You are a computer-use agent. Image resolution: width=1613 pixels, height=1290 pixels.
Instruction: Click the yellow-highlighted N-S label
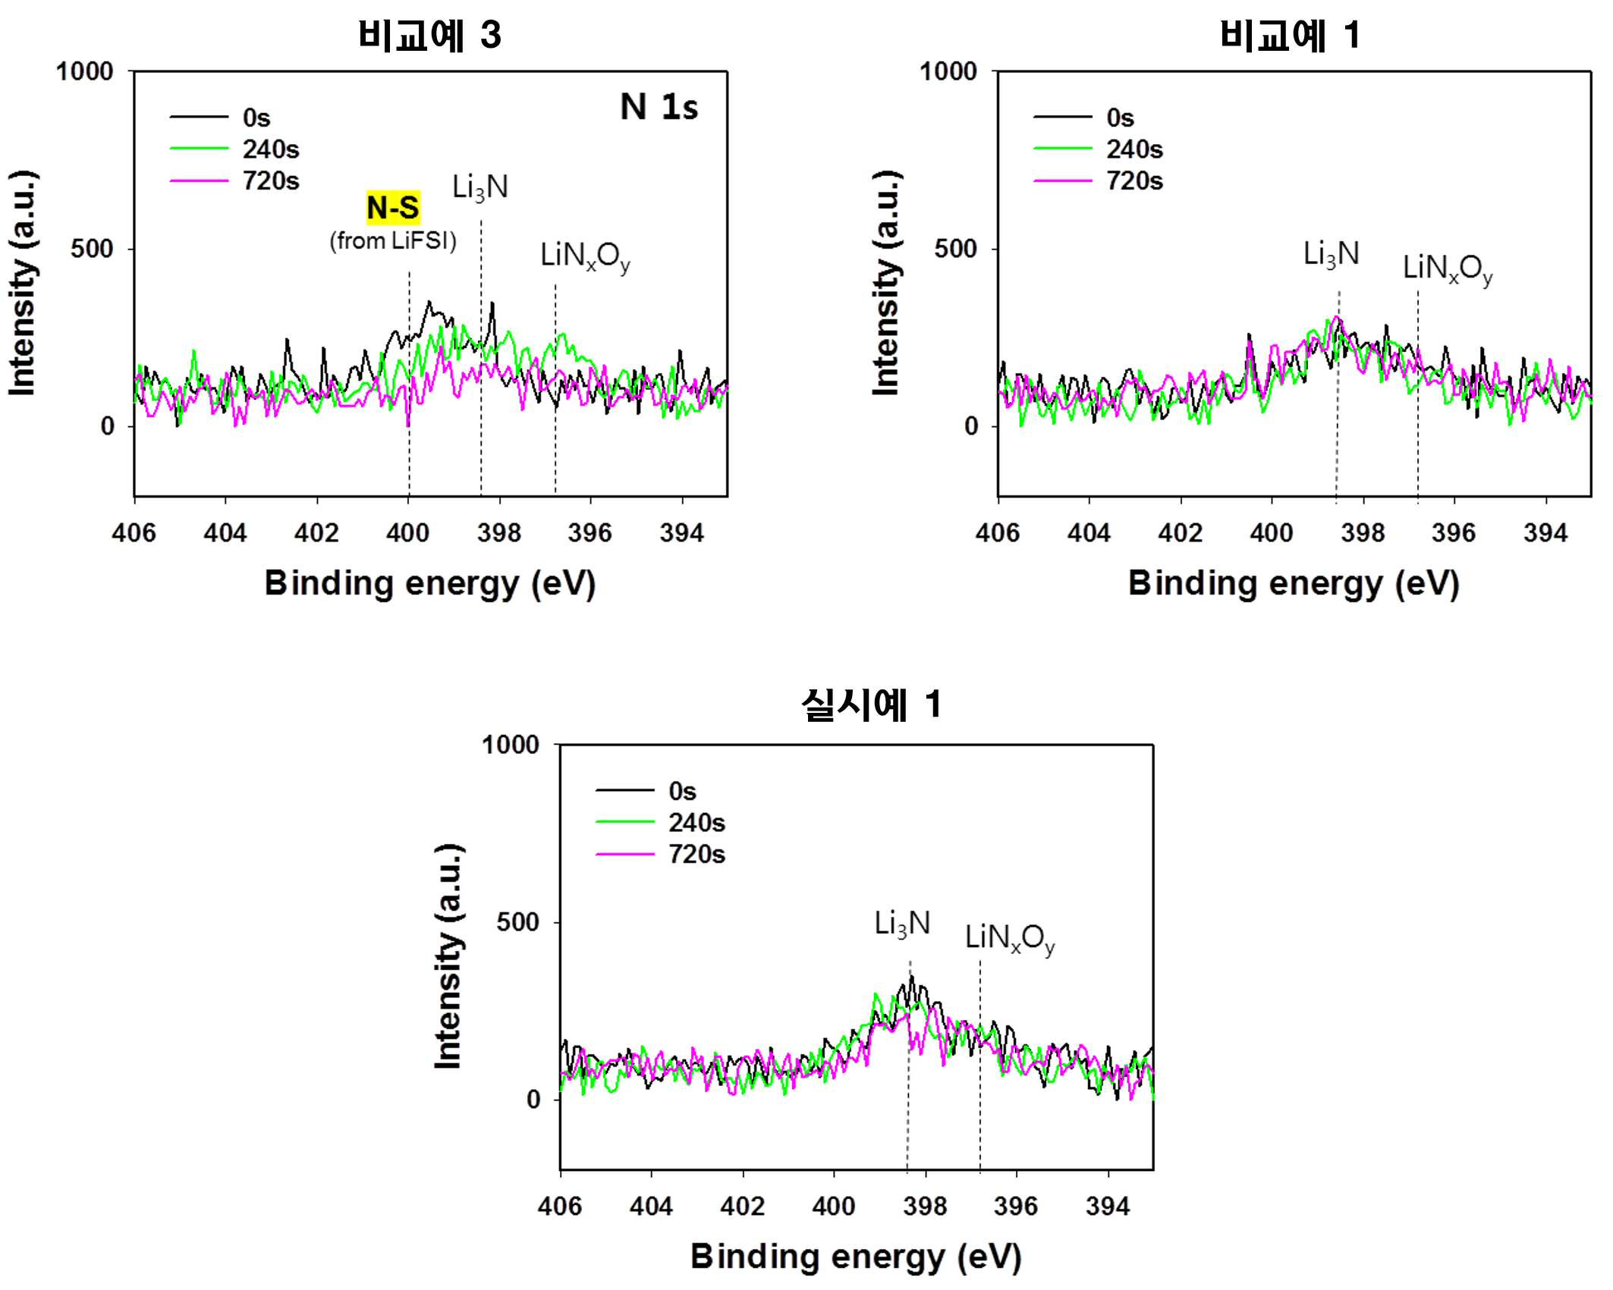click(x=393, y=208)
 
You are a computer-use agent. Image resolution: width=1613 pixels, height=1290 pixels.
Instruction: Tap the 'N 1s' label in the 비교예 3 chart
click(x=659, y=107)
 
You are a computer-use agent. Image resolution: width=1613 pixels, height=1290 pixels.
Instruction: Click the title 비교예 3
click(x=429, y=35)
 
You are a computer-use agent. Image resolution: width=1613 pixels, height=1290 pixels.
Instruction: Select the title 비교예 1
click(x=1290, y=35)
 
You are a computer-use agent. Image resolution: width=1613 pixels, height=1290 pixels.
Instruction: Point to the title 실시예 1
click(x=872, y=705)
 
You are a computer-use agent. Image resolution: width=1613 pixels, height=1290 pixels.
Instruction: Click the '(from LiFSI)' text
click(x=393, y=241)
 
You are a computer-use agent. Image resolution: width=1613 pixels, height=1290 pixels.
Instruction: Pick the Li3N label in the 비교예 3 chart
click(x=480, y=187)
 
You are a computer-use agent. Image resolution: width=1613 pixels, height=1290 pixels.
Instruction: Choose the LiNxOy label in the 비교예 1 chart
click(x=1448, y=269)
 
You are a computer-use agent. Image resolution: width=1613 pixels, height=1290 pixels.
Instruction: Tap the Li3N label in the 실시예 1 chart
click(x=902, y=924)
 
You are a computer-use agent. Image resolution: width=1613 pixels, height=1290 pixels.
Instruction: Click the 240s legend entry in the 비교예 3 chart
click(x=234, y=149)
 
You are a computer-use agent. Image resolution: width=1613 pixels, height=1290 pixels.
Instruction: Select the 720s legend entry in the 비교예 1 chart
click(x=1098, y=181)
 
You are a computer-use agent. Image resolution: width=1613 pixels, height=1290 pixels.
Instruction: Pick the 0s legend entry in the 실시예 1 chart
click(x=646, y=791)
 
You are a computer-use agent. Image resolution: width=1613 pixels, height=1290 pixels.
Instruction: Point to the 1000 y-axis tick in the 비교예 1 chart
click(x=948, y=72)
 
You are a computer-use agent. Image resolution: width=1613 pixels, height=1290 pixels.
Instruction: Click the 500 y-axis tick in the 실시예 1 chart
click(x=518, y=922)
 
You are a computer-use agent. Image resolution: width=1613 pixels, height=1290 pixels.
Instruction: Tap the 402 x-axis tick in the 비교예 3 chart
click(x=316, y=533)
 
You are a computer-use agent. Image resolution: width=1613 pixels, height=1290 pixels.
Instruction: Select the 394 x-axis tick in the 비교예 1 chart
click(x=1545, y=533)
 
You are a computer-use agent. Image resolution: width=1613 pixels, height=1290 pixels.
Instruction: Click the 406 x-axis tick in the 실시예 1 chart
click(x=560, y=1207)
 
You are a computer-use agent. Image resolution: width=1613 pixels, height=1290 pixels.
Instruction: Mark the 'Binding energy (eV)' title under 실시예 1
click(x=856, y=1257)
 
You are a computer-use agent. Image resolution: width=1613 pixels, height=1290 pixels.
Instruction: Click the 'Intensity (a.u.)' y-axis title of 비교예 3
click(x=23, y=283)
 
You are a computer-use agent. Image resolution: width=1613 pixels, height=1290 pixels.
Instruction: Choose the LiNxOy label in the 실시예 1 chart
click(x=1010, y=939)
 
